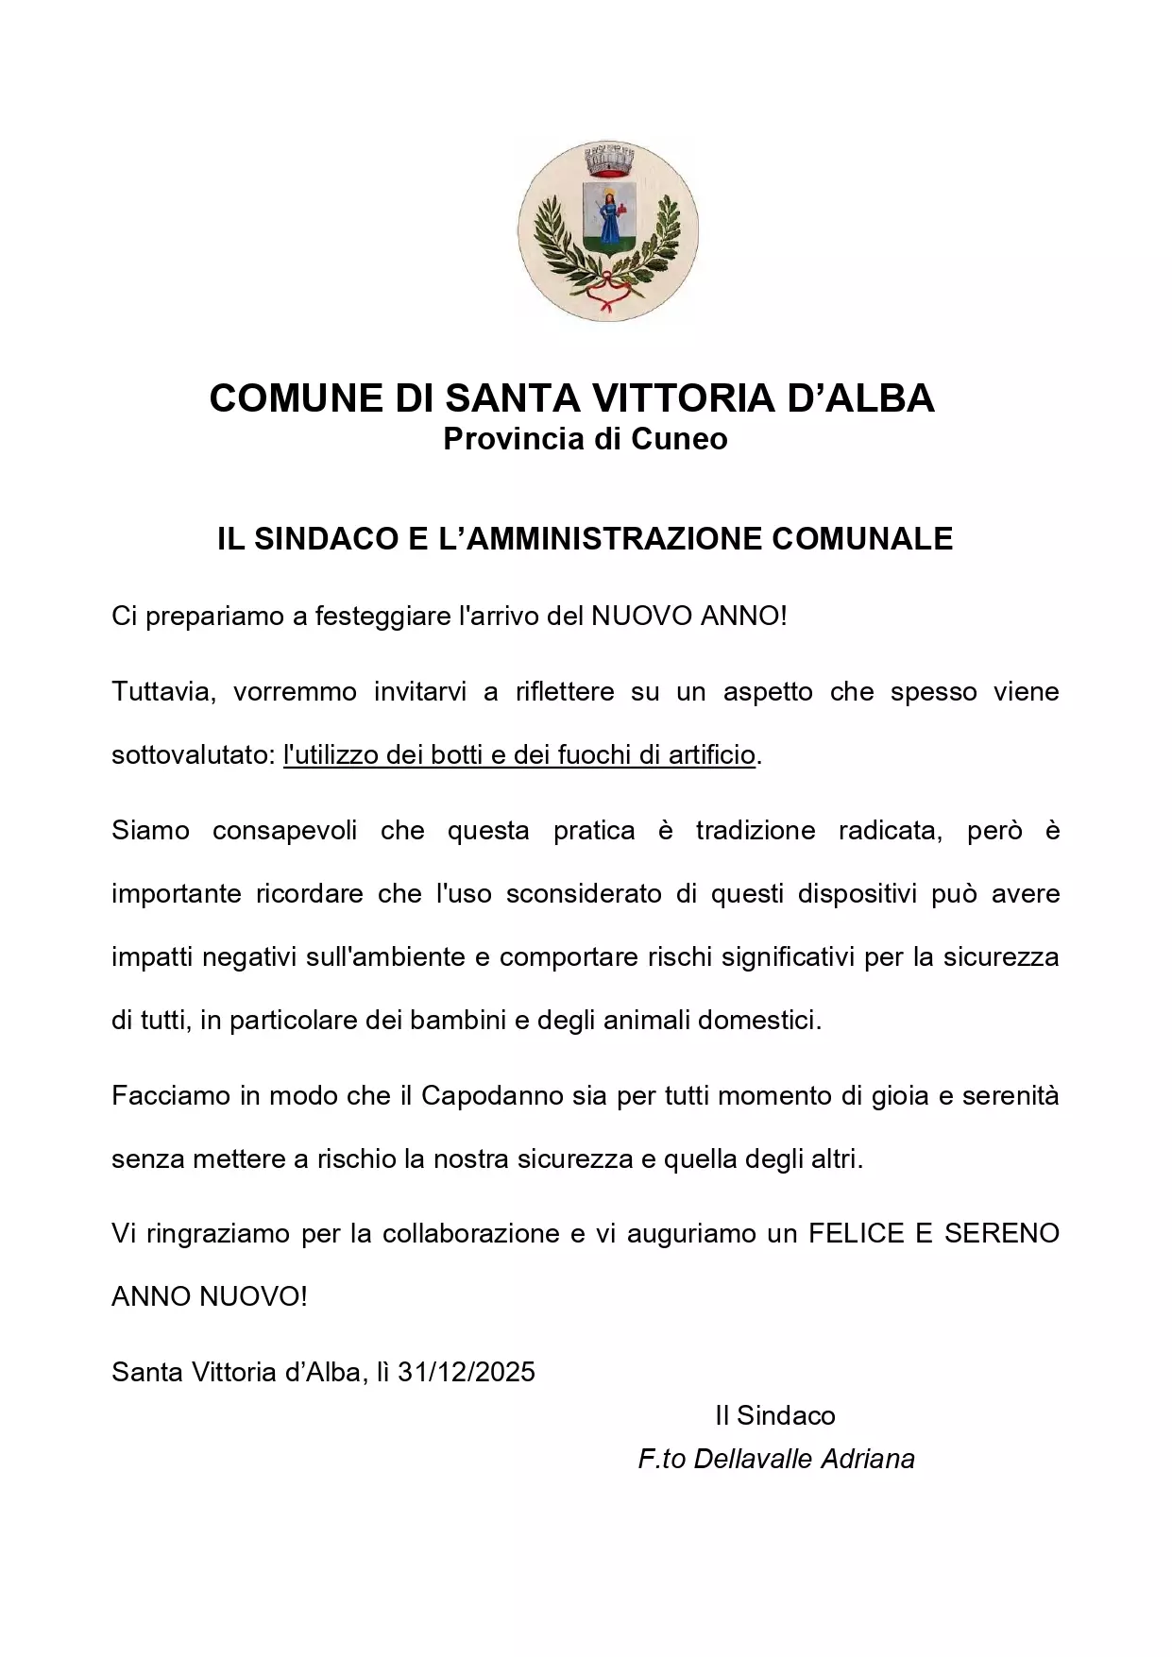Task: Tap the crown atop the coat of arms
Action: point(607,161)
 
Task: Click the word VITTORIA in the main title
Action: point(683,397)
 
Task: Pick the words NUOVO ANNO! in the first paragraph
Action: point(688,617)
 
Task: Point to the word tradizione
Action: point(756,831)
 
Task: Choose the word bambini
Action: point(458,1021)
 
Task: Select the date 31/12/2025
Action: point(467,1372)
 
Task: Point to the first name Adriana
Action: point(868,1460)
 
